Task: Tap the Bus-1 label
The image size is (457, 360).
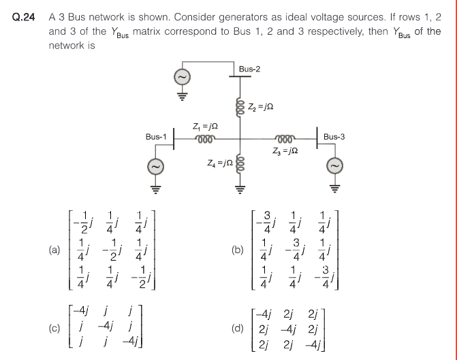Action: (157, 137)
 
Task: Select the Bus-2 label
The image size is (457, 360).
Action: (250, 69)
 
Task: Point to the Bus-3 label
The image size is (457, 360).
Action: (334, 137)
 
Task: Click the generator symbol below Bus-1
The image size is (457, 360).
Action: (156, 165)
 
